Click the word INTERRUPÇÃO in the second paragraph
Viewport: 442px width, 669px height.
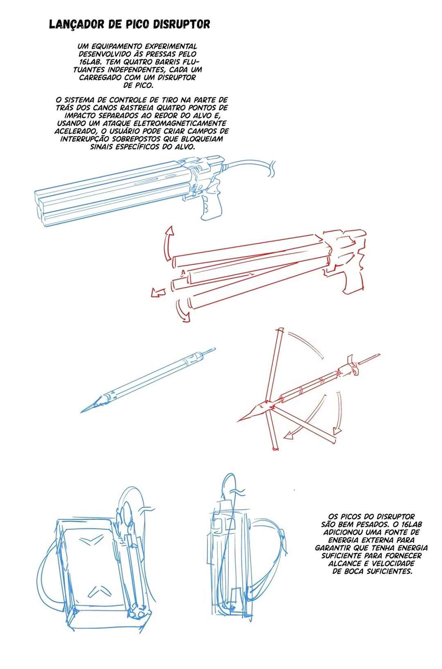[85, 139]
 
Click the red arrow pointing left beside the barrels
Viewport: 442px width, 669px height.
[158, 292]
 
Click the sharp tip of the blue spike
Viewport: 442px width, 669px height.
[81, 412]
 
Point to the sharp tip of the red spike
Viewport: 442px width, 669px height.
[238, 421]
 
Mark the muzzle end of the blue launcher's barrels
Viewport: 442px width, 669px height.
[41, 207]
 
